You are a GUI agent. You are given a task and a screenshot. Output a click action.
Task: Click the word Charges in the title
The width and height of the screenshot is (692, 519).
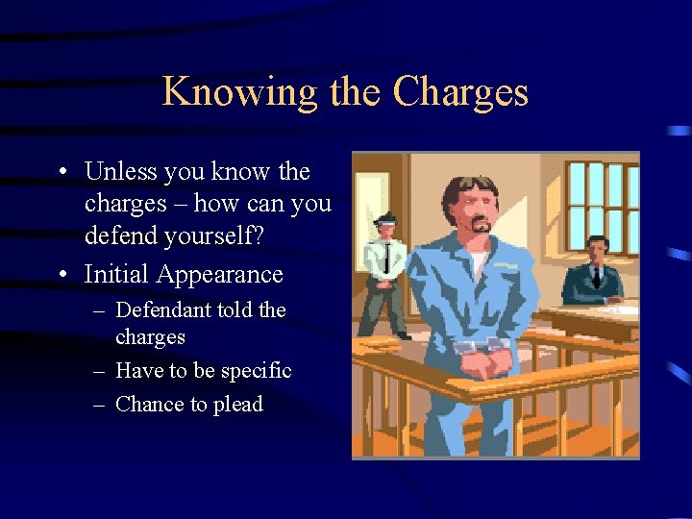click(460, 92)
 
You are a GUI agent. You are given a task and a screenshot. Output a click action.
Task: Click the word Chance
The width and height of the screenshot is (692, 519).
click(150, 405)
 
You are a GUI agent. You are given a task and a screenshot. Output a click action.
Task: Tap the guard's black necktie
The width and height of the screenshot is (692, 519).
click(386, 257)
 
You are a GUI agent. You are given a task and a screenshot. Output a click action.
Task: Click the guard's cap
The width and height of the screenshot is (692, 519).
click(383, 217)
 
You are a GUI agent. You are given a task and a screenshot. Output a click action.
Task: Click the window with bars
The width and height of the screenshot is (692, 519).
click(602, 206)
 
